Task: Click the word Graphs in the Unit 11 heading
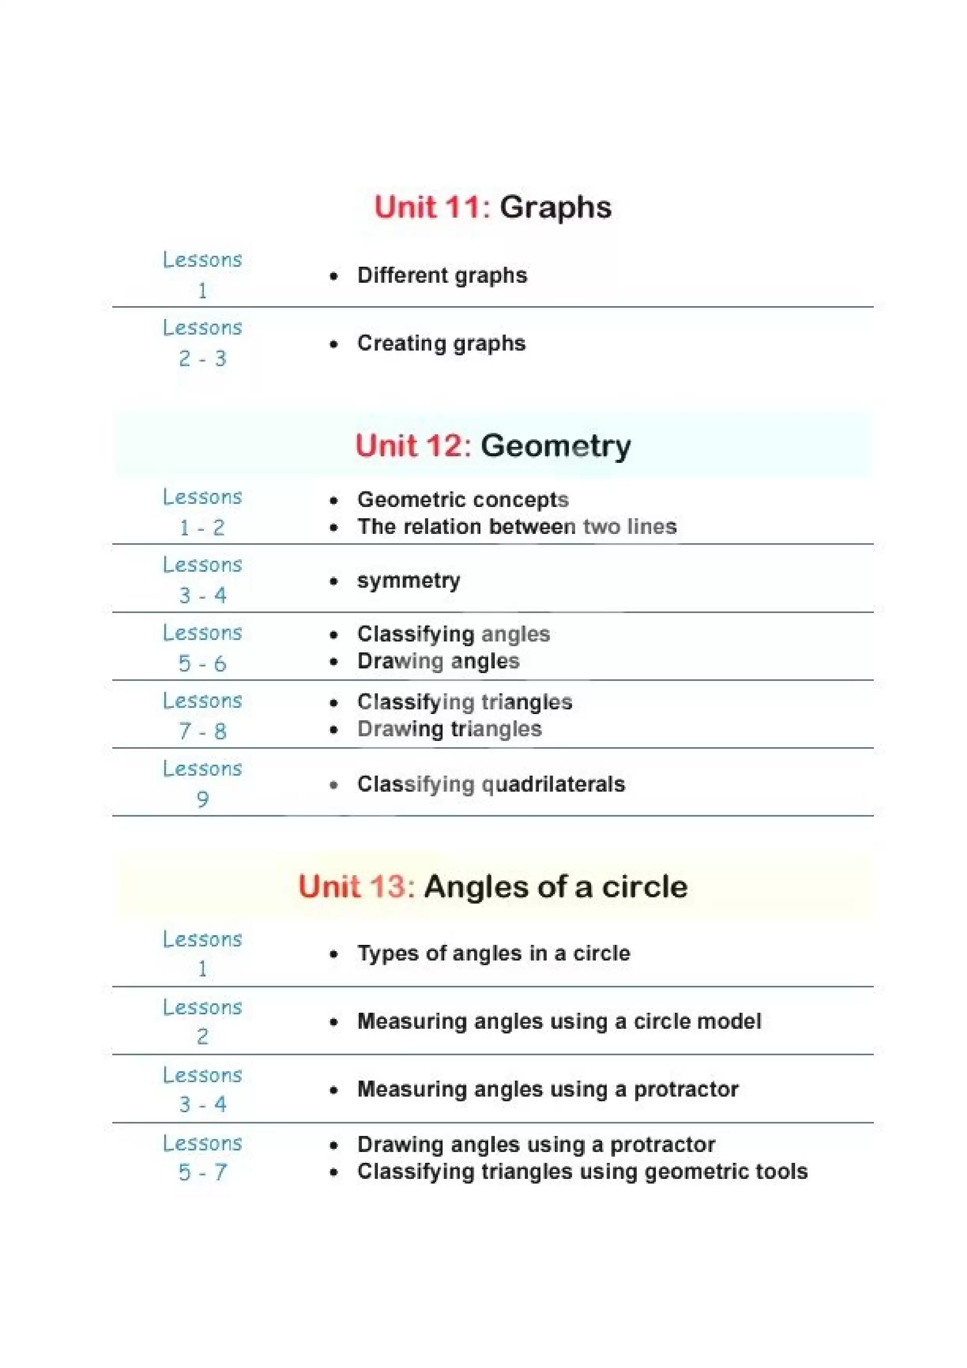555,208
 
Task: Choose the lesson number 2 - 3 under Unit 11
203,359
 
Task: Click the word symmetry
408,581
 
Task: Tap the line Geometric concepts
462,500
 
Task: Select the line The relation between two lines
517,527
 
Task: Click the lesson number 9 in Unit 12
203,799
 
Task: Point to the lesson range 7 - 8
203,731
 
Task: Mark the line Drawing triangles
449,729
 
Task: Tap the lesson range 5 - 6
203,664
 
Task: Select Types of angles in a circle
493,953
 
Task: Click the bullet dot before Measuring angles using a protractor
334,1090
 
